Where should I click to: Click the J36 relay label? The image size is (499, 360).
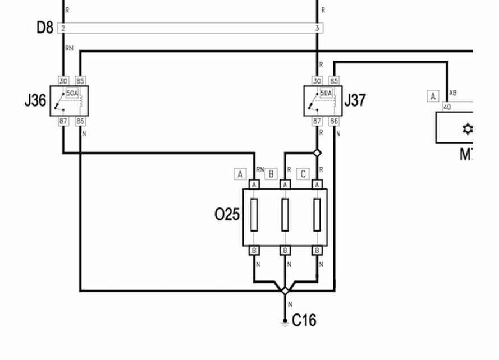click(35, 101)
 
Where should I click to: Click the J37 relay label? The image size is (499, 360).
click(355, 100)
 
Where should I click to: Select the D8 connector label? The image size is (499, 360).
click(45, 27)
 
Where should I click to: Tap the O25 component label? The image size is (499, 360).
click(227, 214)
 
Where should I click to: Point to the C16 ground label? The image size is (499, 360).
click(304, 320)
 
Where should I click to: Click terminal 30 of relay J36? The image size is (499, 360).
click(63, 81)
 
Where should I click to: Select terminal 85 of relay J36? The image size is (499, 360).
click(80, 81)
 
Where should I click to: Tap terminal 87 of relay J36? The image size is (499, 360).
click(63, 121)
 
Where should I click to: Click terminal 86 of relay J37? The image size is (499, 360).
click(334, 121)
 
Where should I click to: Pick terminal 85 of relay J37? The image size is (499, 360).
click(334, 81)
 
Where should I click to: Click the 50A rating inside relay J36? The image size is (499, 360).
click(72, 93)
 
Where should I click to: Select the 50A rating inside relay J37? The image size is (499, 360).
click(326, 93)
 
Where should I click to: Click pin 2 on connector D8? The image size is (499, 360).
click(63, 27)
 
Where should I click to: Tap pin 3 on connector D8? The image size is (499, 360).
click(317, 27)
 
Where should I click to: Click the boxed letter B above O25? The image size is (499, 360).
click(271, 174)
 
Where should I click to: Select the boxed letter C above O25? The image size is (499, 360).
click(303, 174)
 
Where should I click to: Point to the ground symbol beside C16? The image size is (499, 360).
click(285, 322)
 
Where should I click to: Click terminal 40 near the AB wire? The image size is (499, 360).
click(447, 107)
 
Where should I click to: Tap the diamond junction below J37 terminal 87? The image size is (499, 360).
click(317, 153)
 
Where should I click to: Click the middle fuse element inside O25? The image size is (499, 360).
click(285, 215)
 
